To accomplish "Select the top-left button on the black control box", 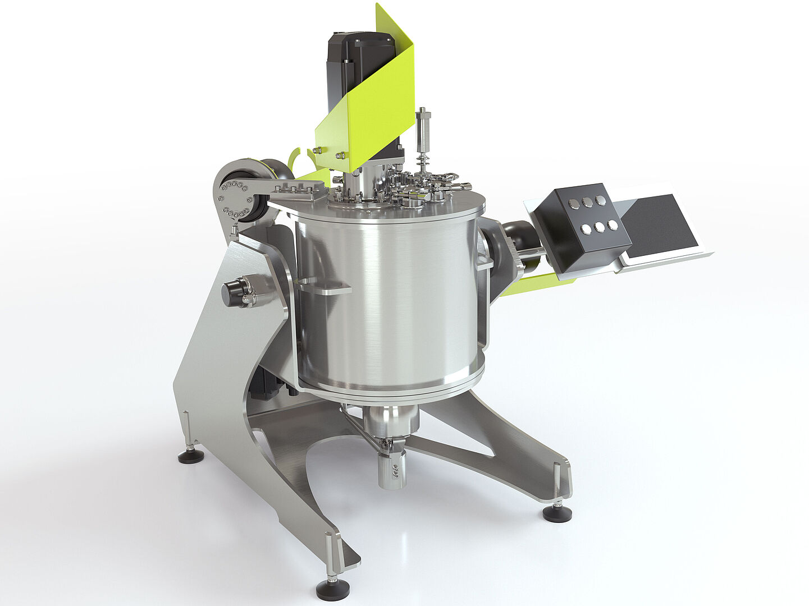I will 573,204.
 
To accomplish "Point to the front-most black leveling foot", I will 332,589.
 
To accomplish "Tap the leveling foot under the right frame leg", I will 557,513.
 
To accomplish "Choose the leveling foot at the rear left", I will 191,456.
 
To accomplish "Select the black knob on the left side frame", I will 232,292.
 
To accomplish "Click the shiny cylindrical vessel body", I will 387,303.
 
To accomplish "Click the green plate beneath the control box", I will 533,284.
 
